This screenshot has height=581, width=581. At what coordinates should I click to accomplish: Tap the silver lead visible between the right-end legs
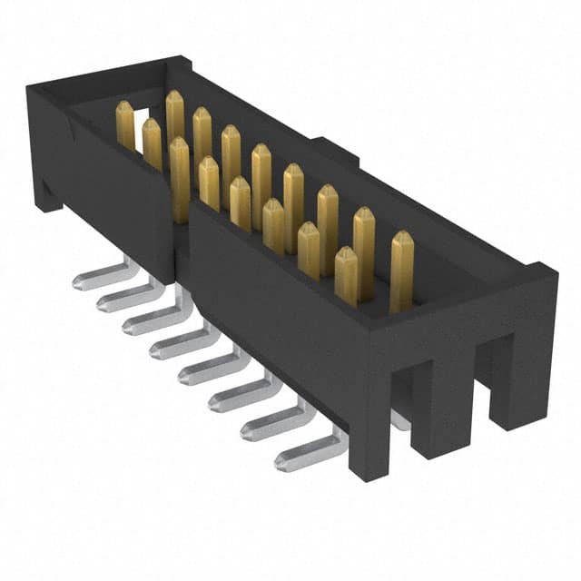point(399,419)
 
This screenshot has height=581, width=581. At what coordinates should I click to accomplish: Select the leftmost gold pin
point(125,125)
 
